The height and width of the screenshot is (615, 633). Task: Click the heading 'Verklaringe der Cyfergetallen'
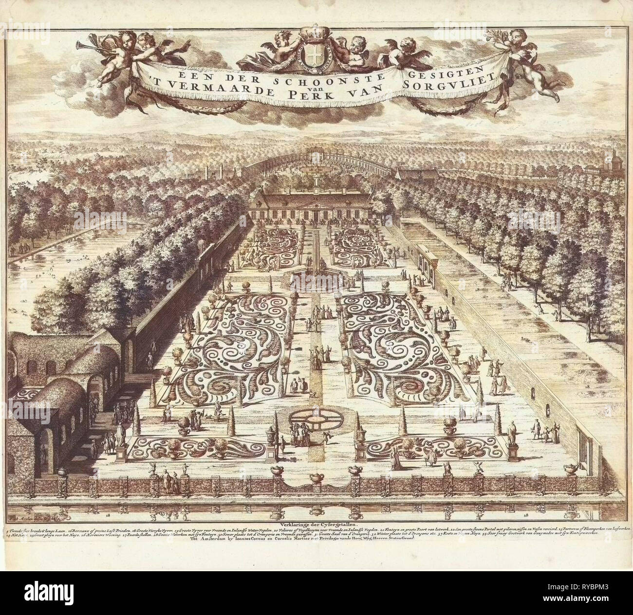(x=316, y=525)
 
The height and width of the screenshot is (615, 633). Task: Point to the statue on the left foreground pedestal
(x=120, y=436)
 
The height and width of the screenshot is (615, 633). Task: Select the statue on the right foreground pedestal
(x=512, y=431)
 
